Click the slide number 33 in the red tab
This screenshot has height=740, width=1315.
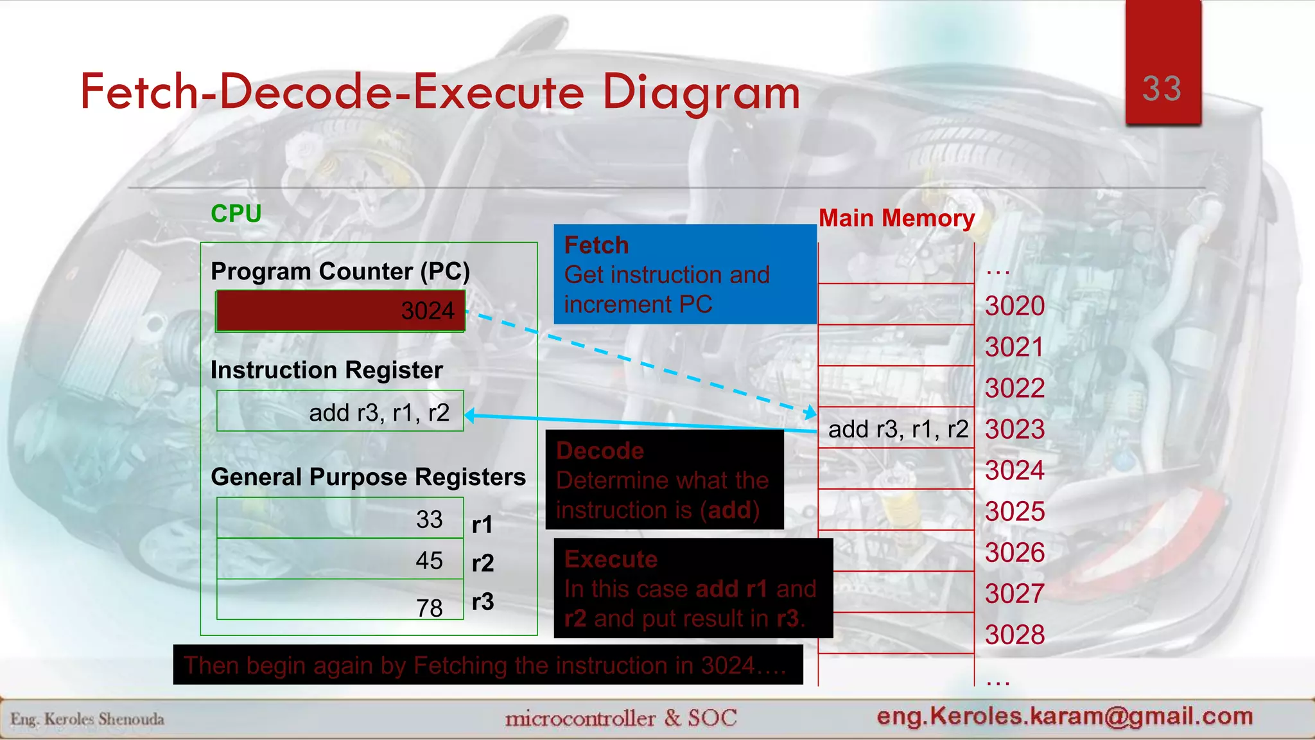click(1162, 89)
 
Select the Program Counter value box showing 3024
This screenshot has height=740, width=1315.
click(340, 311)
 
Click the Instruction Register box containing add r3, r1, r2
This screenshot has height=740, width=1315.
click(340, 412)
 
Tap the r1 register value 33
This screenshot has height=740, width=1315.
click(429, 519)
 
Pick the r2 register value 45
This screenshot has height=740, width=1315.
click(429, 560)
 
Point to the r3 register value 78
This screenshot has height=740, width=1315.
click(429, 607)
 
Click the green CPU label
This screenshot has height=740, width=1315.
click(236, 214)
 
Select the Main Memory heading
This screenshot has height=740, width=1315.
click(896, 218)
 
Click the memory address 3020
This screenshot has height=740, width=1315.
click(1015, 306)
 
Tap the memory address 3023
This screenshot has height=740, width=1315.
click(1015, 429)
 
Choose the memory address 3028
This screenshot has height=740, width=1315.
click(1015, 635)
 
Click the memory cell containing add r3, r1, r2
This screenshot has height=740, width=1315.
click(897, 428)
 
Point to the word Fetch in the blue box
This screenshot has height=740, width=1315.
click(596, 245)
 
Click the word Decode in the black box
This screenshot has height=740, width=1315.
click(600, 451)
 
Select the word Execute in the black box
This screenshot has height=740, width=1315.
click(611, 559)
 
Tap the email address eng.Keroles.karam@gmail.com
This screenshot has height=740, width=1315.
click(1065, 716)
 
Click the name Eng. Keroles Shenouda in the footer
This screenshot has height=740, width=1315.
click(87, 719)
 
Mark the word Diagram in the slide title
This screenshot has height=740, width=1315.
click(701, 92)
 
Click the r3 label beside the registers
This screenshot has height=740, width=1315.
click(483, 602)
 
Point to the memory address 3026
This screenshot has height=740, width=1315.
click(1015, 552)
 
